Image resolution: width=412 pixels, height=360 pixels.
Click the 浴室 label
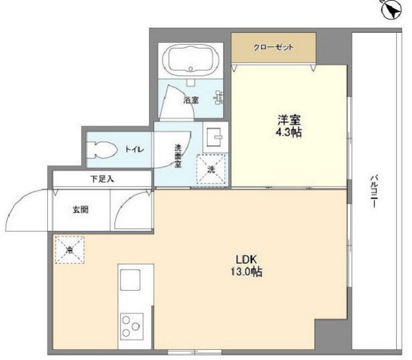(x=191, y=100)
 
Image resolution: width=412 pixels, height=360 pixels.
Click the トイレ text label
(x=134, y=150)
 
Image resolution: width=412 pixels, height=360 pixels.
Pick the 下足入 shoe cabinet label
(x=101, y=179)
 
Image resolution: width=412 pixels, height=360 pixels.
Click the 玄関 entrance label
(x=80, y=209)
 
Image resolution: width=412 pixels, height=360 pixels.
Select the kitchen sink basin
(x=131, y=278)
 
